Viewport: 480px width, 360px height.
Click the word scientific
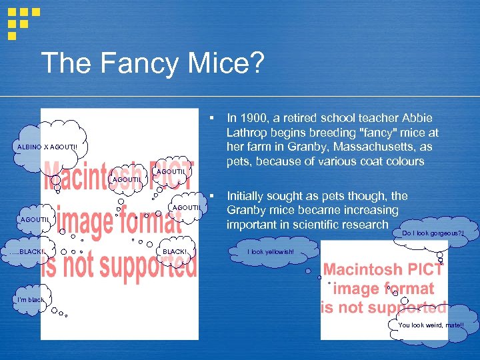click(314, 225)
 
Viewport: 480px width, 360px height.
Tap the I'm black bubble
click(27, 300)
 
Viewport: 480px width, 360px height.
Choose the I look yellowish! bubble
click(270, 252)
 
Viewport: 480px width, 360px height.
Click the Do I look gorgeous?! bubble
click(431, 233)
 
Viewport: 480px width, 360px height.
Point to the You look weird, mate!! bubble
click(431, 325)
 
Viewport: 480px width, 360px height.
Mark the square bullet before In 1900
click(210, 117)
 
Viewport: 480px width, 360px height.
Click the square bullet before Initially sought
click(210, 196)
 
